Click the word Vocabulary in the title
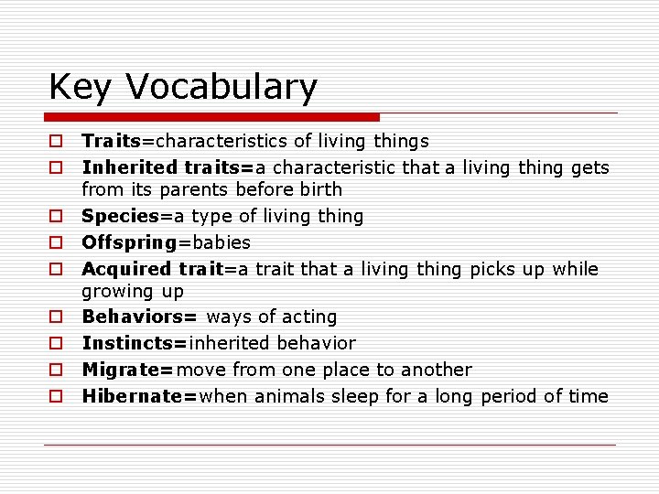(x=221, y=87)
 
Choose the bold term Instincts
(x=132, y=343)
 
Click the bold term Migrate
(x=125, y=370)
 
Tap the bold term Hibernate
(x=136, y=396)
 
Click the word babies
(x=225, y=242)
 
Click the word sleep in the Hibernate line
(x=359, y=396)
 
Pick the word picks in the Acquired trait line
(x=494, y=269)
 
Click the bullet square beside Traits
(x=56, y=142)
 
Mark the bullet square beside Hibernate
(x=56, y=397)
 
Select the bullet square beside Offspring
(x=56, y=243)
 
